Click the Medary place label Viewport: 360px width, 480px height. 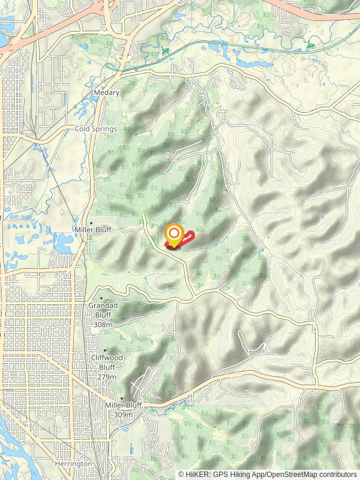(107, 93)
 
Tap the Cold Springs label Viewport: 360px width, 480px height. (95, 129)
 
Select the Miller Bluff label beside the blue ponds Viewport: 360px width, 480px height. (92, 229)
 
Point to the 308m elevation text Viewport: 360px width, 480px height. (103, 325)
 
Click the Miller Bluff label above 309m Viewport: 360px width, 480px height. (124, 406)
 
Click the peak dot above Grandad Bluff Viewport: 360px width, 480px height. (101, 298)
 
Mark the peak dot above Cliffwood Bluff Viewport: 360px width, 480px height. (105, 350)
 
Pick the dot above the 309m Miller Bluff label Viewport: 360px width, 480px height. (122, 398)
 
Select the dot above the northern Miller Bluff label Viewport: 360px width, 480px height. (91, 222)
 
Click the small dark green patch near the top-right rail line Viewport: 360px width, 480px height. (310, 44)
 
